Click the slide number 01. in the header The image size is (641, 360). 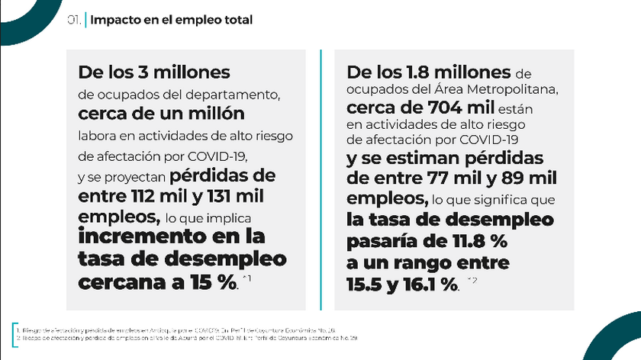coord(74,21)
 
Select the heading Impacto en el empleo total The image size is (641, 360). coord(171,21)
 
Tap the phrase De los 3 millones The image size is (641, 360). coord(153,73)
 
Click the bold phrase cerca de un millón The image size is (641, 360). coord(161,114)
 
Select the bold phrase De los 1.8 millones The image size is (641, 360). coord(429,73)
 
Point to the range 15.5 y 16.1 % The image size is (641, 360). coord(402,284)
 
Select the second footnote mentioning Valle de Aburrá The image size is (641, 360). coord(187,336)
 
